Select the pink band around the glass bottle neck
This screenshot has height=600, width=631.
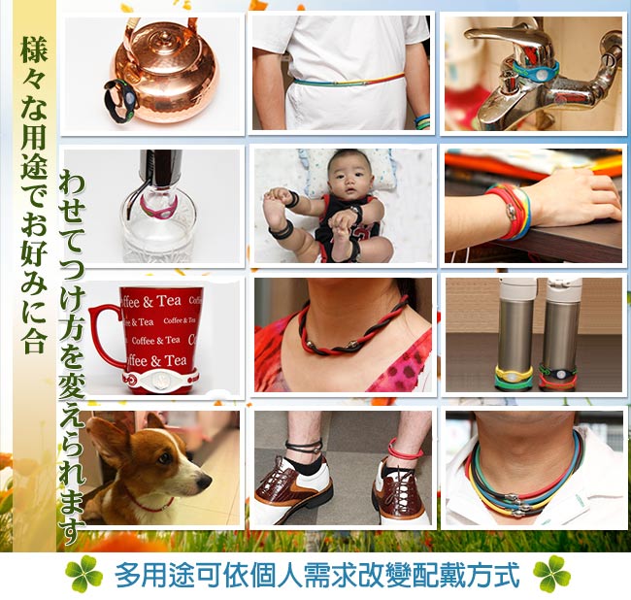tap(158, 207)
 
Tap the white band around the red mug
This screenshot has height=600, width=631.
tap(160, 380)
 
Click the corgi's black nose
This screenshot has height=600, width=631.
tap(206, 482)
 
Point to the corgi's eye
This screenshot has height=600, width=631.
tap(164, 457)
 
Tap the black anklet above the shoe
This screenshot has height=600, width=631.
tap(304, 447)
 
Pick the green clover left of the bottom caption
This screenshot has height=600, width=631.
tap(83, 574)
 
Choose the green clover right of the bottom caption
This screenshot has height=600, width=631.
tap(551, 574)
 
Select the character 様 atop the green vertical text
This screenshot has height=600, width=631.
tap(35, 50)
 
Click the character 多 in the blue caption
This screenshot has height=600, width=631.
tap(129, 575)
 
